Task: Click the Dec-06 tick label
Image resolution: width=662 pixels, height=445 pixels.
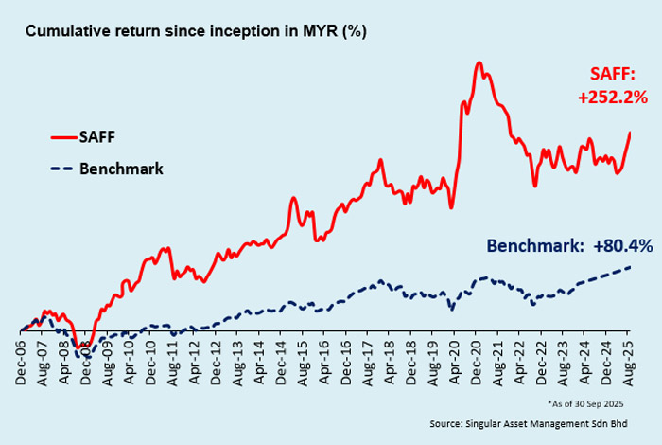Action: (22, 361)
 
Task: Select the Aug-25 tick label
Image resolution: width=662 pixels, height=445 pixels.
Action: (630, 361)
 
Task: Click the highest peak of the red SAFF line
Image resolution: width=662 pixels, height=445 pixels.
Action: (479, 63)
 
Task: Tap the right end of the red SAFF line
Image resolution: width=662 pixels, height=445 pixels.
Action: (630, 133)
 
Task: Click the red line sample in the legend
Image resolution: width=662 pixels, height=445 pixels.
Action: (61, 135)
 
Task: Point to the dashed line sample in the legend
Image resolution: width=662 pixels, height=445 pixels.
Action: (61, 169)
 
